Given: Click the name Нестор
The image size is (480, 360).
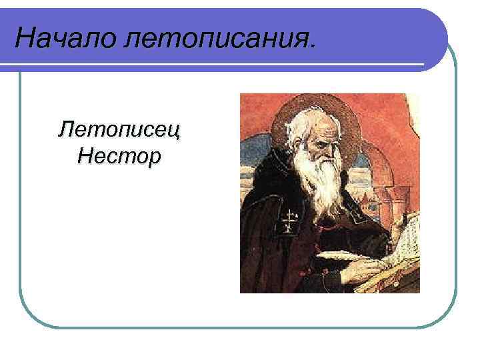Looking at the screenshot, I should tap(119, 157).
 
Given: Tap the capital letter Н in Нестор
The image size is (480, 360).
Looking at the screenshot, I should tap(85, 157).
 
